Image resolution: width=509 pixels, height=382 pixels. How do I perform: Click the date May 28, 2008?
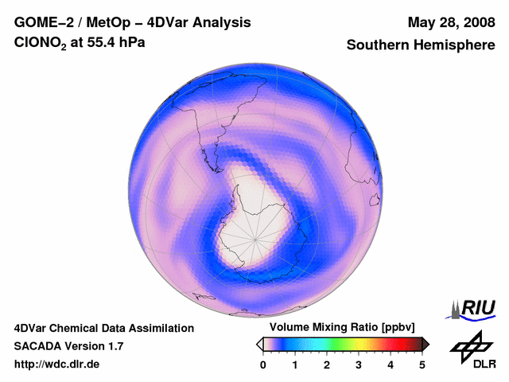coord(450,22)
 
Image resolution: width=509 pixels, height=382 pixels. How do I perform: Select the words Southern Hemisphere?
coord(420,45)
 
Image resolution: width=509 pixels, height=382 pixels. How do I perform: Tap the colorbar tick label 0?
coord(263,364)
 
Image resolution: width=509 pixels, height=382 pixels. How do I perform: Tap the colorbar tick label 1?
coord(295,364)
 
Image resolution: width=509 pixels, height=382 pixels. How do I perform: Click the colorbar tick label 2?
coord(327,364)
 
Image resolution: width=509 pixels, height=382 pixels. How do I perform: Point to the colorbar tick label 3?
coord(359,364)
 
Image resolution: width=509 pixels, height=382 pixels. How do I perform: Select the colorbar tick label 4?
coord(390,364)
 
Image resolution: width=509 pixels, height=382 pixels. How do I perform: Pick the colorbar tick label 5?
coord(422,364)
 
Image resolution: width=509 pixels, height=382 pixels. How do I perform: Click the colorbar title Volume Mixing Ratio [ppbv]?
coord(340,327)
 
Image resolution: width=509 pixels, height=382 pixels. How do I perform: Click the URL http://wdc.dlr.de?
coord(57,364)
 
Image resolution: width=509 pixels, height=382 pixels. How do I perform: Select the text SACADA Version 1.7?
coord(68,346)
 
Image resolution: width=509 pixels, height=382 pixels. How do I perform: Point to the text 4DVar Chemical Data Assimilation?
coord(103,328)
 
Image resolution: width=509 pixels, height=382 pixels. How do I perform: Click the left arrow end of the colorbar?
coord(259,344)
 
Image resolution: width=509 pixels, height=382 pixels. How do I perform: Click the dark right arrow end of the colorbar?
coord(425,344)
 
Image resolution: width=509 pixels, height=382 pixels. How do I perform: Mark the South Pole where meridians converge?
coord(256,236)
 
